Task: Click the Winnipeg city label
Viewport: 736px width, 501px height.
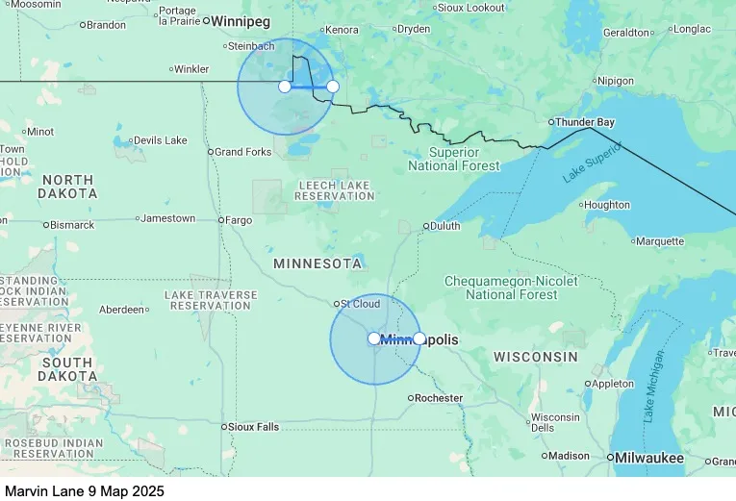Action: (x=241, y=21)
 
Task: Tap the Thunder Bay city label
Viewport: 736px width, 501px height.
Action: (x=584, y=122)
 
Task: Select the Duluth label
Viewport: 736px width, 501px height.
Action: (x=444, y=226)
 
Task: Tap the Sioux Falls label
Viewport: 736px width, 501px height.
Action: (x=254, y=427)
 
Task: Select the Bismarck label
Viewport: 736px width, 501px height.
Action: (x=72, y=225)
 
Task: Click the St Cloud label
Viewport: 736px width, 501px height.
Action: (x=360, y=304)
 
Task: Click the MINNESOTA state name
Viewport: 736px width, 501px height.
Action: (x=317, y=263)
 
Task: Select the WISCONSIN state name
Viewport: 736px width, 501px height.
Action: (x=536, y=357)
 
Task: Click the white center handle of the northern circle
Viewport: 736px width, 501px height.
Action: (x=285, y=87)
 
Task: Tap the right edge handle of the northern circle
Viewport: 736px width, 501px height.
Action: (x=333, y=87)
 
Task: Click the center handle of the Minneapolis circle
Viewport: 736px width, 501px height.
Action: (x=374, y=338)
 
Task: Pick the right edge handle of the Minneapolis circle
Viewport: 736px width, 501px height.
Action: (x=419, y=338)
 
